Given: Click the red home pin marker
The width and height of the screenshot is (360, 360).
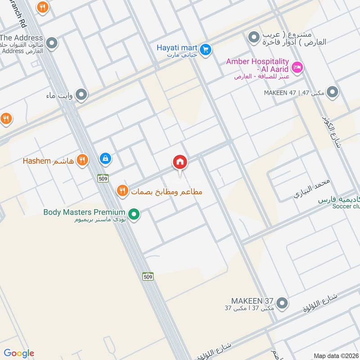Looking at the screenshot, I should (x=180, y=162).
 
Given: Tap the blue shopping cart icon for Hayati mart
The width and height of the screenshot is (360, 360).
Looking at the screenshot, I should (x=206, y=50).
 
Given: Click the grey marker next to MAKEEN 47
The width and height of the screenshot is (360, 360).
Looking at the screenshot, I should (x=332, y=92).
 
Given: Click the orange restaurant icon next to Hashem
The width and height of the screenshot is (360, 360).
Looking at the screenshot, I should (x=82, y=160).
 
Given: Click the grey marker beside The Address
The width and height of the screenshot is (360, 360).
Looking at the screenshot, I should (x=53, y=44).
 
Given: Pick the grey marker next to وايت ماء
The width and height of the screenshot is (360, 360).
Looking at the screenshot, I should (x=81, y=95).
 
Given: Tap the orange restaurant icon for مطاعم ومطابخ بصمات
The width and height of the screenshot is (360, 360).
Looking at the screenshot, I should (x=122, y=191).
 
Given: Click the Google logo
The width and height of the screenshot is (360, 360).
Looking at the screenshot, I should (x=19, y=353).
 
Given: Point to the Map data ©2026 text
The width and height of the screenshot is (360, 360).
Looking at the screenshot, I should (x=336, y=355).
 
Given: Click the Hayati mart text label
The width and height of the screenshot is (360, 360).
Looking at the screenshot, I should (x=177, y=47).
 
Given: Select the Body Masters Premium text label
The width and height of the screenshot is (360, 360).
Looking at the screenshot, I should (x=84, y=212).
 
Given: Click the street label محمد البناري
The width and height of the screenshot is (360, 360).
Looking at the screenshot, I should (x=312, y=189).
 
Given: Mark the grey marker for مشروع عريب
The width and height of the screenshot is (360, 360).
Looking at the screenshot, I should (x=254, y=36).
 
